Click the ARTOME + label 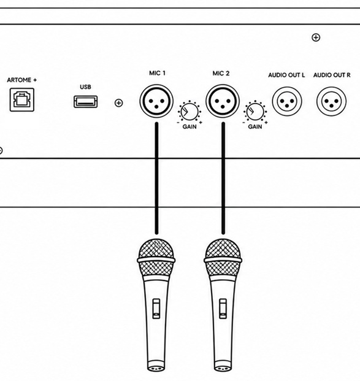coord(22,80)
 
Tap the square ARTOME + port coord(22,99)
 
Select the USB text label coord(85,87)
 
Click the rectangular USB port coord(86,102)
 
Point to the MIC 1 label coord(157,73)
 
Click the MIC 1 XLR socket coord(156,101)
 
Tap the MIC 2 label coord(221,74)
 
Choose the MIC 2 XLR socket coord(223,101)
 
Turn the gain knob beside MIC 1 coord(190,112)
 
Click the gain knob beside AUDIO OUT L coord(255,112)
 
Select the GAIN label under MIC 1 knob coord(190,127)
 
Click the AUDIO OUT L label coord(286,75)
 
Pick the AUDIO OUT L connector coord(287,101)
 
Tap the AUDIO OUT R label coord(332,75)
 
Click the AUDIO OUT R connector coord(331,101)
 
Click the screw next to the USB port coord(118,103)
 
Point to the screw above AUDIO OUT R coord(316,37)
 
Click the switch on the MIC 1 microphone coord(156,309)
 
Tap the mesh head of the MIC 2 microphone coord(223,258)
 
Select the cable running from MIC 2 coord(223,178)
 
